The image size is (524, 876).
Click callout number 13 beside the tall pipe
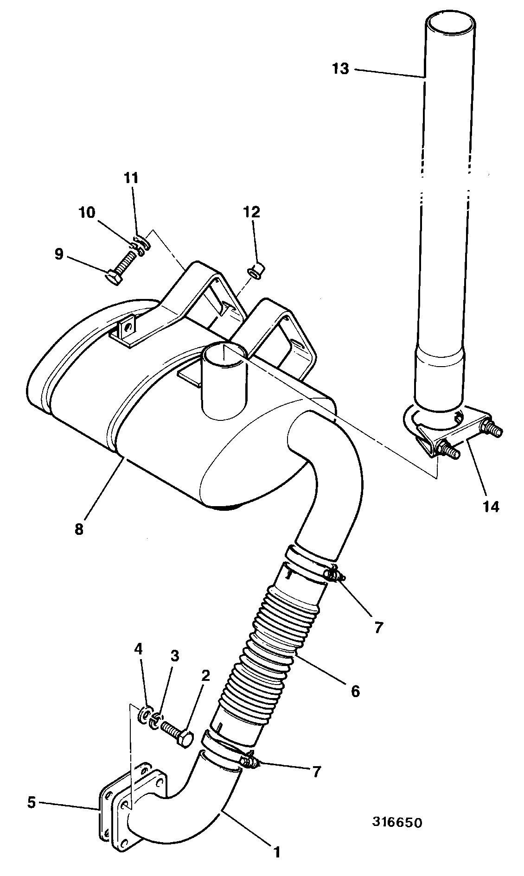point(340,69)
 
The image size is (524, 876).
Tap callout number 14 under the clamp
point(491,507)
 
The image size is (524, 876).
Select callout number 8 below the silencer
point(79,529)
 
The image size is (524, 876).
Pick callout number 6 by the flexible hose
point(355,691)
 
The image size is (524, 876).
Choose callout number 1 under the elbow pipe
point(277,852)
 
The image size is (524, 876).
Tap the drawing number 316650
point(397,823)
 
